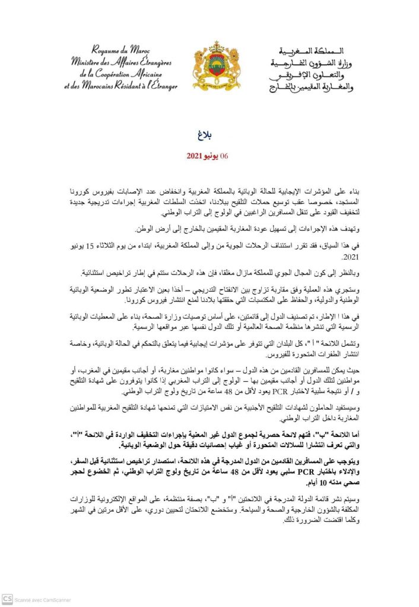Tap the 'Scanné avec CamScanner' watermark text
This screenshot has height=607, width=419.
tap(43, 600)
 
